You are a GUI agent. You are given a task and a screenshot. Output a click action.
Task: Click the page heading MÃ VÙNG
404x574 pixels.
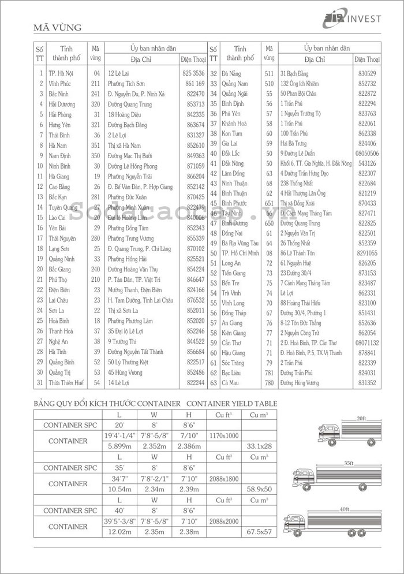pyautogui.click(x=57, y=27)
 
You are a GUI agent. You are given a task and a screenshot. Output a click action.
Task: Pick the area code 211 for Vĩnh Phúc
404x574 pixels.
pyautogui.click(x=96, y=84)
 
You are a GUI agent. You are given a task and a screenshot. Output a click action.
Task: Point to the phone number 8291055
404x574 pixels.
pyautogui.click(x=367, y=253)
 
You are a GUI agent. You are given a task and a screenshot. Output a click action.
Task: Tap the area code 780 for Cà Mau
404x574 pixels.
pyautogui.click(x=268, y=382)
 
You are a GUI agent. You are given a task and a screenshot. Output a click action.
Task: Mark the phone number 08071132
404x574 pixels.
pyautogui.click(x=367, y=342)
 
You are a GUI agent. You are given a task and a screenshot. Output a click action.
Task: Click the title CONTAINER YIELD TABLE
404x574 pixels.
pyautogui.click(x=233, y=403)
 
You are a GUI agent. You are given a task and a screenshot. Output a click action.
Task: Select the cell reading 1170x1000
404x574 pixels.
pyautogui.click(x=224, y=435)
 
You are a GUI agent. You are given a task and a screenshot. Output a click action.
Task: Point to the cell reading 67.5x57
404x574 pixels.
pyautogui.click(x=259, y=531)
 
